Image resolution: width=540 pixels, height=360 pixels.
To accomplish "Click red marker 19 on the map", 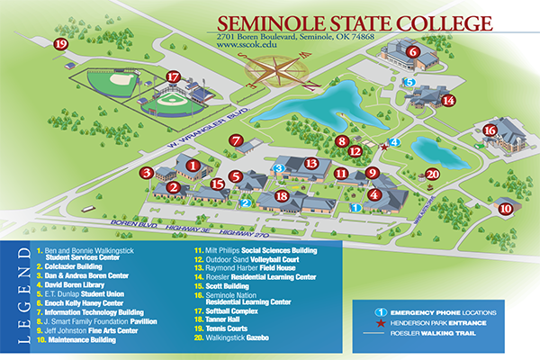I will coord(60,43).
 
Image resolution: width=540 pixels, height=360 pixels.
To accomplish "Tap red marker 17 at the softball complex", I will coord(174,78).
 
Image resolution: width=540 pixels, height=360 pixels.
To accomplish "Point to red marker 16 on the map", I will coord(490,130).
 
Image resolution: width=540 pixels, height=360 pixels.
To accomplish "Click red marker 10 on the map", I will coord(506,209).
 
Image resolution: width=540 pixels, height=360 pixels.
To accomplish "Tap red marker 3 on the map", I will coord(146,172).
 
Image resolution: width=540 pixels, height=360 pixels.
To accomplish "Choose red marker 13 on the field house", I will coord(311,164).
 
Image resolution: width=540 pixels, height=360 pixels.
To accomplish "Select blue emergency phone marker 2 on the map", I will coord(246,203).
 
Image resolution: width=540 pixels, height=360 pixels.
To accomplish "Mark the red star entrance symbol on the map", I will coord(384,146).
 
